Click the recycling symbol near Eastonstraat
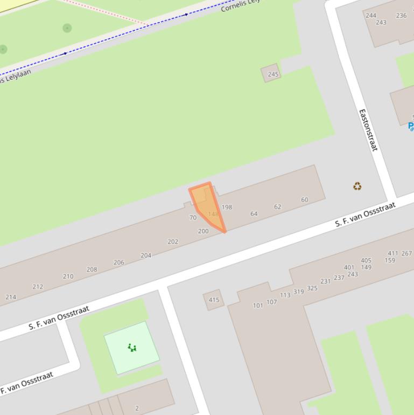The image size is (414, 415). click(357, 186)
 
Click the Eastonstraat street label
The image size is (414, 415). click(368, 130)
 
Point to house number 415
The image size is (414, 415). click(214, 300)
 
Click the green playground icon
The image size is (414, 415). click(132, 348)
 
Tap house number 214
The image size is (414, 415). click(11, 297)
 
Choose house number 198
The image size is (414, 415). click(227, 207)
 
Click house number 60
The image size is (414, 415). click(304, 200)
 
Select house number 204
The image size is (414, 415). click(146, 255)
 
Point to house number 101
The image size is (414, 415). click(258, 306)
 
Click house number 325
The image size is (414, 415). click(312, 288)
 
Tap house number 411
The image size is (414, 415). click(392, 253)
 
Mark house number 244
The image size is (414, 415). click(371, 16)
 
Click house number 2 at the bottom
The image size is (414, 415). click(137, 408)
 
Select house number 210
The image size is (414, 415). click(68, 276)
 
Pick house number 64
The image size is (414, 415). click(254, 214)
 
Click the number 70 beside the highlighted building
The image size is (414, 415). click(193, 218)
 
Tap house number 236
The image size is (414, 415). click(401, 16)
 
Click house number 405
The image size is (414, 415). click(366, 260)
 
